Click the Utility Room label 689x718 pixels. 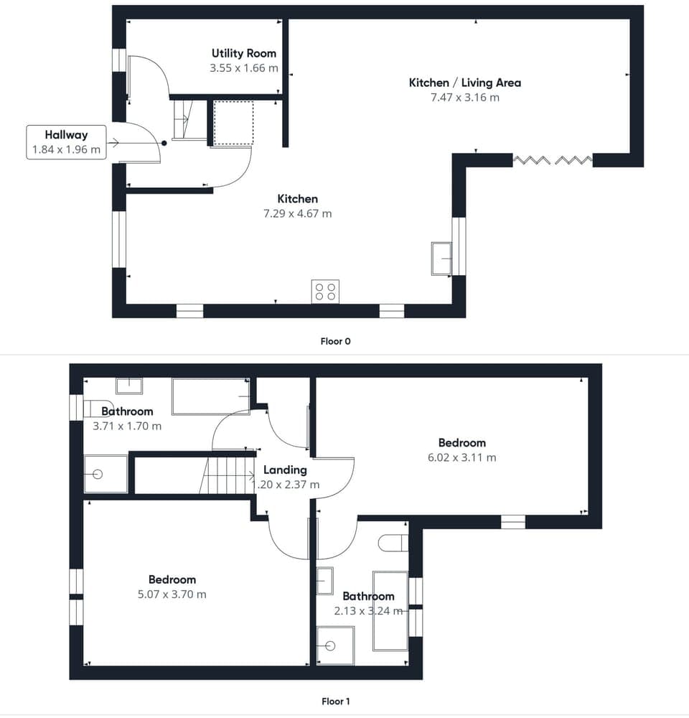point(243,53)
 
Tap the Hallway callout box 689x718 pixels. point(66,142)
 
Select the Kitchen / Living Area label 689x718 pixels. point(464,83)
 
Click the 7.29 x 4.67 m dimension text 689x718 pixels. point(297,213)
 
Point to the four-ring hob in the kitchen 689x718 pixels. point(324,292)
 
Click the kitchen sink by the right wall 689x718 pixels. point(441,258)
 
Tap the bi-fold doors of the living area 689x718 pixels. point(553,159)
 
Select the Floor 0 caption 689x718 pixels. point(335,341)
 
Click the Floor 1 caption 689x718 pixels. point(335,701)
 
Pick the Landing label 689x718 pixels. point(285,470)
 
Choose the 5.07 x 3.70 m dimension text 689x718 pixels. point(172,595)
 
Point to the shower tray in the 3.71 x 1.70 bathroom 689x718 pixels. point(106,474)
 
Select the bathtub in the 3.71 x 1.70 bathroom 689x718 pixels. point(210,397)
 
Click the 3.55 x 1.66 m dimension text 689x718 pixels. point(243,68)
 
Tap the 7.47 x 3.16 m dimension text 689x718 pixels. point(464,98)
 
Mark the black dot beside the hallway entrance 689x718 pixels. point(164,143)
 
